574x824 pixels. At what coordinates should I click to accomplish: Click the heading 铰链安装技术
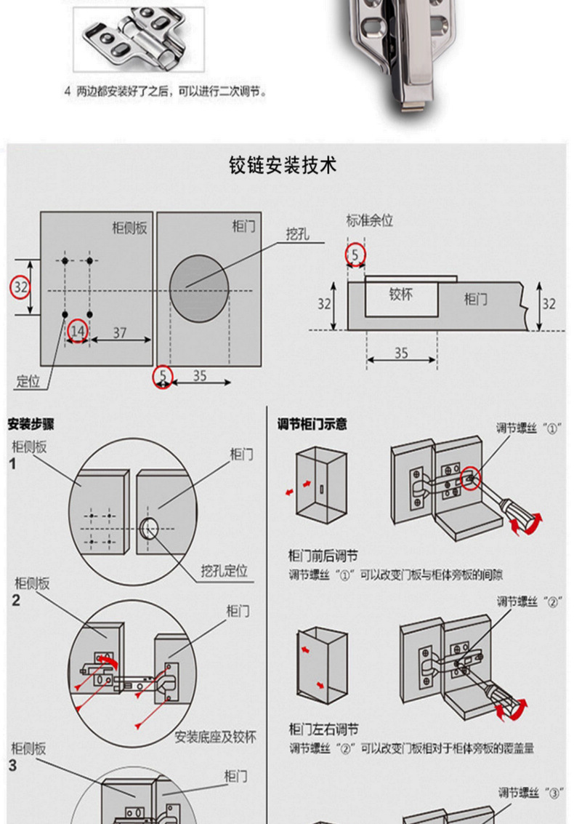coord(283,166)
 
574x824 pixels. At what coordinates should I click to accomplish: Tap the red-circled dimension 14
coord(77,332)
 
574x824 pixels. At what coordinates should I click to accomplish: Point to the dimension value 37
coord(120,332)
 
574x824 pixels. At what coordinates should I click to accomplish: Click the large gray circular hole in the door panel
coord(198,284)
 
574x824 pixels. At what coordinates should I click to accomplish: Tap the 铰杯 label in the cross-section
coord(401,295)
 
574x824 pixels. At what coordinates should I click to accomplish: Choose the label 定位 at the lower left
coord(29,382)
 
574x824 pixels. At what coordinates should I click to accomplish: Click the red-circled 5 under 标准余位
coord(355,255)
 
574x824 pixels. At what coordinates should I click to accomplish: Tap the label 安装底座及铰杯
coord(215,737)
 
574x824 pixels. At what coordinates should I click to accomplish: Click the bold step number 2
coord(15,601)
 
